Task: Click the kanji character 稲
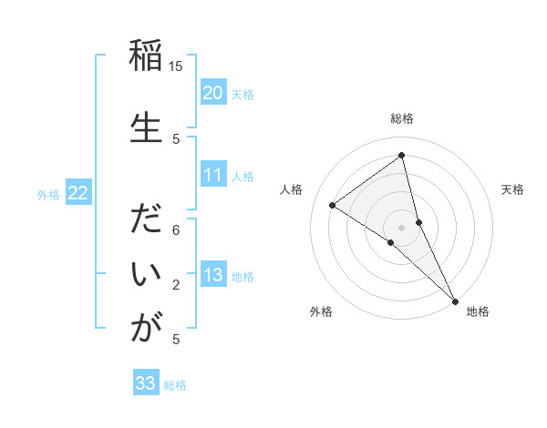146,58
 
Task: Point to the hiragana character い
146,274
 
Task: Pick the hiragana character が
146,327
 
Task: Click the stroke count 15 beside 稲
176,66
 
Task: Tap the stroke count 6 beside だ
176,231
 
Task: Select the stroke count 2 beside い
176,285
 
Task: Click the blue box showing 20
213,93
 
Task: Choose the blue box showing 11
213,175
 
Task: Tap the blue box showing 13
213,275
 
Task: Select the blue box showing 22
78,193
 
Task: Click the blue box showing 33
146,383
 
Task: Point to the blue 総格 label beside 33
175,385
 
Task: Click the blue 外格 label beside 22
48,194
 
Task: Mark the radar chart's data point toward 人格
332,205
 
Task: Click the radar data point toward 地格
455,300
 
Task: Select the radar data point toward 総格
401,156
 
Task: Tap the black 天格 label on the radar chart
512,189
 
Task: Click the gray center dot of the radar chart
401,227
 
